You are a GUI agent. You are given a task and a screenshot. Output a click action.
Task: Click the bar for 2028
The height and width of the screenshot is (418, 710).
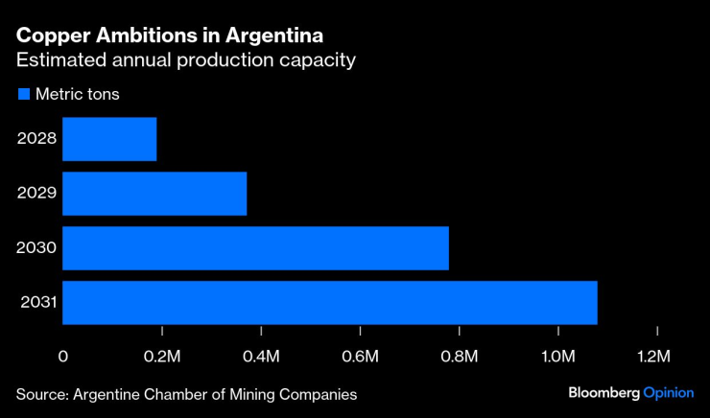(109, 139)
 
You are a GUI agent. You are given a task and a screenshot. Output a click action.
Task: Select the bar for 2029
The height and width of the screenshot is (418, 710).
(154, 194)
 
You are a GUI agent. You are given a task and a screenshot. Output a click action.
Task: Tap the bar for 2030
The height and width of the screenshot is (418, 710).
(255, 248)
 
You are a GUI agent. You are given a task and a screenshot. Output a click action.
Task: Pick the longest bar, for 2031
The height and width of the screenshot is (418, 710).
(330, 303)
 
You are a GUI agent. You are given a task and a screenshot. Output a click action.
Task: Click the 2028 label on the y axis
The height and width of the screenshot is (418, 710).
(37, 139)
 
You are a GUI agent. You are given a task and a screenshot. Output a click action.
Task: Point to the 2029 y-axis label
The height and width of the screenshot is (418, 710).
(37, 194)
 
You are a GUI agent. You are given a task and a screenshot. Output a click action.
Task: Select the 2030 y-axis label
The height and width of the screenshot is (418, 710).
(37, 248)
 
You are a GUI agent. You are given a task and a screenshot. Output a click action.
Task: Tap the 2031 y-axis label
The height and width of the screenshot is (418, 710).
(37, 304)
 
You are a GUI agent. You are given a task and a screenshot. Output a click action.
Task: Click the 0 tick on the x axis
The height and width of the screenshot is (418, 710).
(63, 358)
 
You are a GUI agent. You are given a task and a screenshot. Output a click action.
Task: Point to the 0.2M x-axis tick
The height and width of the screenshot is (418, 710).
(162, 358)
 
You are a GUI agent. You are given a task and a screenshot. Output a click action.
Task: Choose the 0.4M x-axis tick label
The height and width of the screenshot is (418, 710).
(261, 358)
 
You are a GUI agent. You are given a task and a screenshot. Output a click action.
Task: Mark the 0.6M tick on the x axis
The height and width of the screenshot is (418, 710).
(360, 358)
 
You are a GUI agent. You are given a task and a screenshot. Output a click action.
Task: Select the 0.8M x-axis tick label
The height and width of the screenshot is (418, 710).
(459, 358)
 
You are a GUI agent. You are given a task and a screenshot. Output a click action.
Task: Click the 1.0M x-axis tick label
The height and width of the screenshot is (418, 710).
(557, 358)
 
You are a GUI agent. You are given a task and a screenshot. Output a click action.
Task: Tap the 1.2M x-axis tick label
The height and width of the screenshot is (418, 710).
(656, 358)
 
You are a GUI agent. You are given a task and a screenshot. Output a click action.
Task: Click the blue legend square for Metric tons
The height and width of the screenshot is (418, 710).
(23, 94)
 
